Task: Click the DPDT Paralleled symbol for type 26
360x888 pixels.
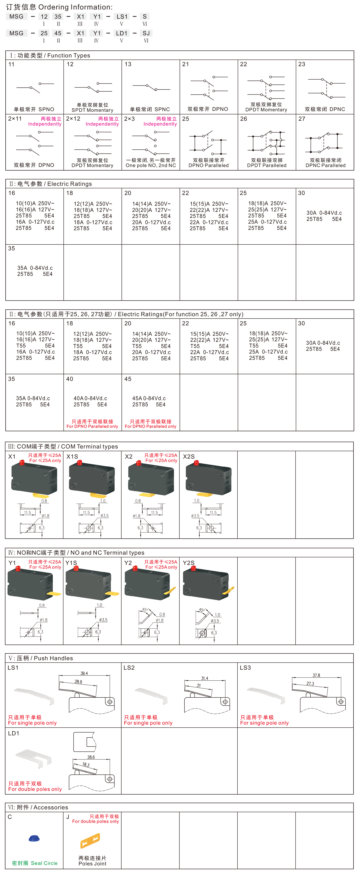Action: coord(267,143)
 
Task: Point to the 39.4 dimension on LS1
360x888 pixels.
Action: coord(84,673)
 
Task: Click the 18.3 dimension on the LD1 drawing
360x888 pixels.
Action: coord(86,764)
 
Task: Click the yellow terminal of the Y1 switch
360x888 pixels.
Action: coord(54,594)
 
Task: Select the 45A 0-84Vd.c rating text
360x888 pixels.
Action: coord(149,398)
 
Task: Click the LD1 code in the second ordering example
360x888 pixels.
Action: coord(122,33)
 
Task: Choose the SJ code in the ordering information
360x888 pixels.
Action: coord(146,33)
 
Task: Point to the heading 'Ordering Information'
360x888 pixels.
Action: coord(76,7)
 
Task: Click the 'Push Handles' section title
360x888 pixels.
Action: coord(54,658)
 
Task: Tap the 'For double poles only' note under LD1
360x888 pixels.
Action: coord(35,789)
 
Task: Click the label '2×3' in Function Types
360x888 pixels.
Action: coord(129,119)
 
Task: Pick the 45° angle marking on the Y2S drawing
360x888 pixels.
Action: coord(202,610)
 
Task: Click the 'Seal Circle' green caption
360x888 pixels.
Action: coord(44,863)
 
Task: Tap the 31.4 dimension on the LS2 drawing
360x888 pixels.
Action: coord(205,678)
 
